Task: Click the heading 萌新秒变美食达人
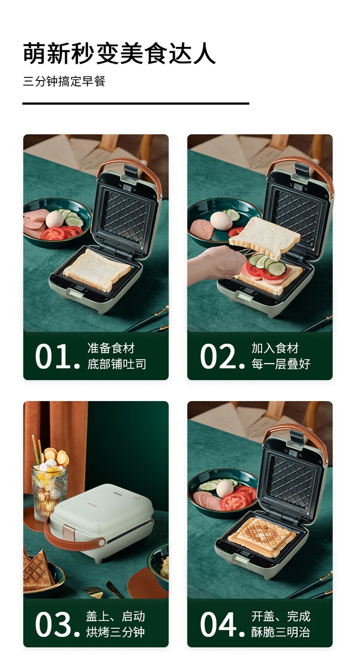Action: (120, 53)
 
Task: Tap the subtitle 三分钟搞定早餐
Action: (64, 81)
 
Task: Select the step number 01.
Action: (57, 356)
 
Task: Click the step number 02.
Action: (222, 356)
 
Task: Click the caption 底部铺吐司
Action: (117, 364)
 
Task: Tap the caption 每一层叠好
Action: (281, 364)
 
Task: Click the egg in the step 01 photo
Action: (55, 219)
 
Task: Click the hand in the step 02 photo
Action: (216, 265)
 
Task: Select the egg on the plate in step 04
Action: (225, 489)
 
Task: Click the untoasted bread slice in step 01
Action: (97, 270)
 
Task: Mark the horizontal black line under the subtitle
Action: (136, 104)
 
